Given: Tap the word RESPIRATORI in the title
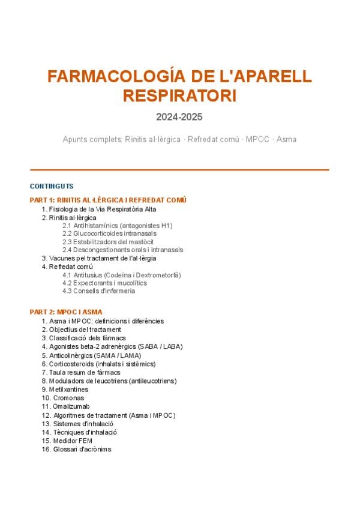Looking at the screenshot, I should (179, 96).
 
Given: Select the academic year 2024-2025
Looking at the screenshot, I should (179, 117).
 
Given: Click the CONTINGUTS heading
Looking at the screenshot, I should (52, 186).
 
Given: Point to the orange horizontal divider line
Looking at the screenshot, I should (179, 170).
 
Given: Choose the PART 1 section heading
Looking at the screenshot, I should (108, 200).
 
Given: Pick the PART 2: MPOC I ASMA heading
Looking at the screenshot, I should (66, 312).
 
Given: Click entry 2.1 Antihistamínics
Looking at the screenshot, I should (117, 226).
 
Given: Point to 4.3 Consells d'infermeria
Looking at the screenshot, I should (98, 291).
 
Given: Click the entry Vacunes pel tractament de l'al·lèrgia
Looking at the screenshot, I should (98, 258).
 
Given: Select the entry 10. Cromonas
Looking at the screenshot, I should (63, 398).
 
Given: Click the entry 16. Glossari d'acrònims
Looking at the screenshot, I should (76, 449).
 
